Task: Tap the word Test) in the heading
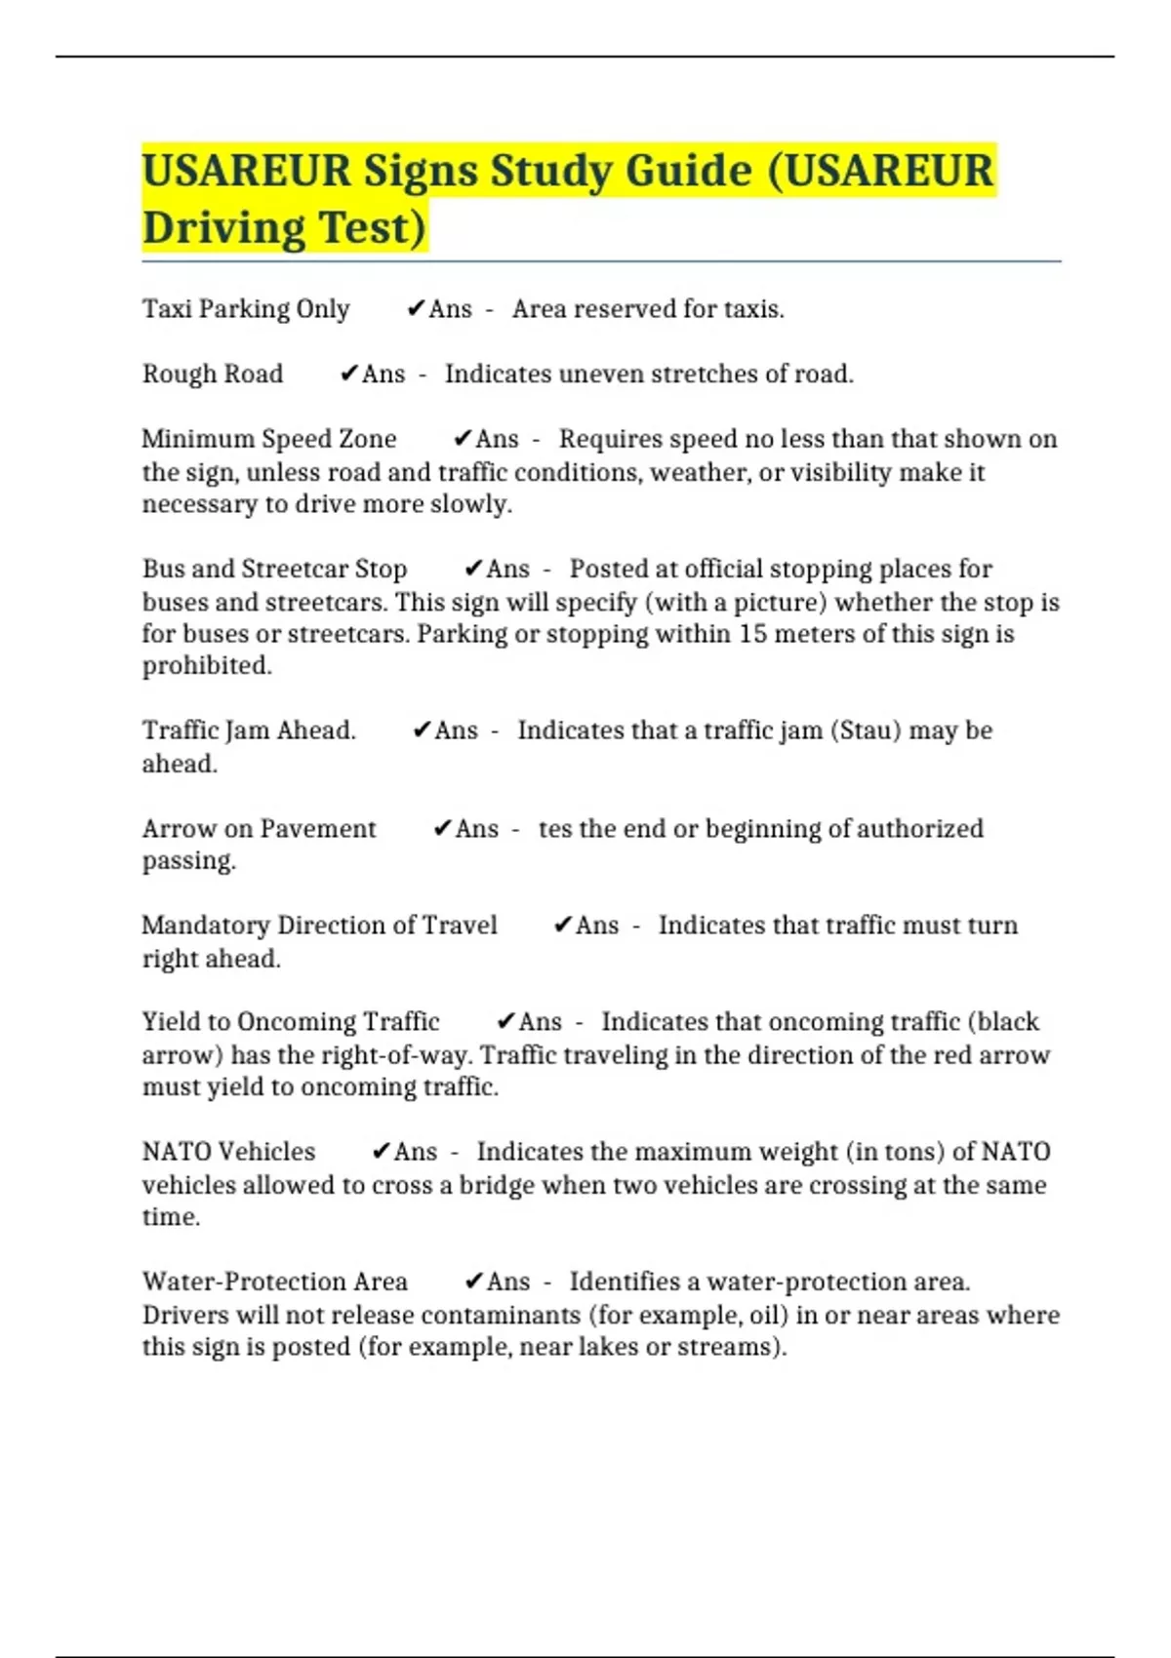[373, 228]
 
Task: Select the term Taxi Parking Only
[246, 309]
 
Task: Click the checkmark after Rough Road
[348, 374]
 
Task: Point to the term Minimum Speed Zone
[269, 439]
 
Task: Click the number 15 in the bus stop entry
[752, 634]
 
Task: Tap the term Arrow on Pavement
[259, 828]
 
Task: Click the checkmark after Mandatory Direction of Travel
[562, 925]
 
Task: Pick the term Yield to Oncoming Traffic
[291, 1021]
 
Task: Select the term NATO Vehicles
[228, 1151]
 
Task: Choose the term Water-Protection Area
[275, 1282]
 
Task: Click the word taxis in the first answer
[753, 309]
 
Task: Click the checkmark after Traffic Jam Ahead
[422, 730]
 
